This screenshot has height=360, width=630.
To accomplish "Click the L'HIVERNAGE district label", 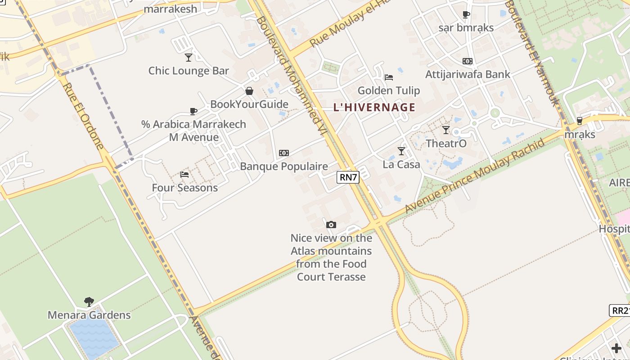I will [x=374, y=108].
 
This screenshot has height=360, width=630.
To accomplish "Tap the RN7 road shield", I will [x=348, y=177].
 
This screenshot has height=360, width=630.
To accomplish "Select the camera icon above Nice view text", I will [x=331, y=225].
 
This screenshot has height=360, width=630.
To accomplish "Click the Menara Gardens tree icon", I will [x=89, y=301].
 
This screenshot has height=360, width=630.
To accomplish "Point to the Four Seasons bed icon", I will [x=184, y=174].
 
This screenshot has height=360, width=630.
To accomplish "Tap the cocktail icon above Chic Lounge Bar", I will [x=189, y=57].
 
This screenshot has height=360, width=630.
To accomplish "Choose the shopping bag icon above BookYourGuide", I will [x=249, y=91].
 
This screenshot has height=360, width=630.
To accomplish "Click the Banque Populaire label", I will [x=284, y=166].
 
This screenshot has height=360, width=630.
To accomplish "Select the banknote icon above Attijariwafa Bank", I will [x=468, y=61].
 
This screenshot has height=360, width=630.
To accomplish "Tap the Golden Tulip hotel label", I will [x=389, y=90].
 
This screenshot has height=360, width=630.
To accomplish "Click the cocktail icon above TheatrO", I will [x=446, y=130].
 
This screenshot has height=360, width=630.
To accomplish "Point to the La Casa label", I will [x=401, y=164].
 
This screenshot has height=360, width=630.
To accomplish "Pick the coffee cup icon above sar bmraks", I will [x=466, y=14].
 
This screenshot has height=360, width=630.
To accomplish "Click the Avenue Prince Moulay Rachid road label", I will [x=475, y=176].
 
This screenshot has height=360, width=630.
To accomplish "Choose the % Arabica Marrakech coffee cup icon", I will [x=193, y=111].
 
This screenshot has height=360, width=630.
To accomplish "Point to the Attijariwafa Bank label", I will [x=468, y=74].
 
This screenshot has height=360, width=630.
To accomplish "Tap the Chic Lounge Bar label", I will [x=189, y=71].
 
